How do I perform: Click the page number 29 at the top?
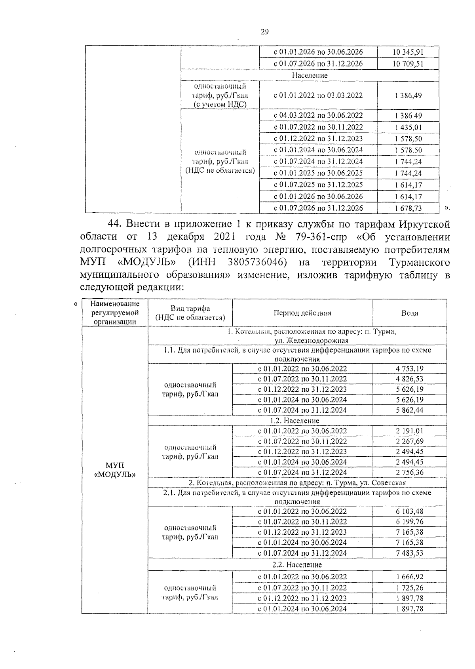point(265,32)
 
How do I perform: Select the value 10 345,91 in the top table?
point(408,52)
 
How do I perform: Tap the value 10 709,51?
point(408,64)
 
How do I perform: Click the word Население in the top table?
point(310,75)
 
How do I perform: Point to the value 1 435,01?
point(408,127)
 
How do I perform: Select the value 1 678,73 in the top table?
point(408,208)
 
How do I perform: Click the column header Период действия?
point(302,313)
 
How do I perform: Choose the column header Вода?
point(410,313)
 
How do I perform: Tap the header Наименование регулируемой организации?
point(115,313)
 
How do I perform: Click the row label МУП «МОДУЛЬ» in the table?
point(115,470)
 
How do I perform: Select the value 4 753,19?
point(409,368)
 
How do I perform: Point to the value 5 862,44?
point(409,410)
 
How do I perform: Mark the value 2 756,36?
point(409,472)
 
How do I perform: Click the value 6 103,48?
point(409,511)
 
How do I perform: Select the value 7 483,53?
point(409,553)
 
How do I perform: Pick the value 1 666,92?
point(409,577)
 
